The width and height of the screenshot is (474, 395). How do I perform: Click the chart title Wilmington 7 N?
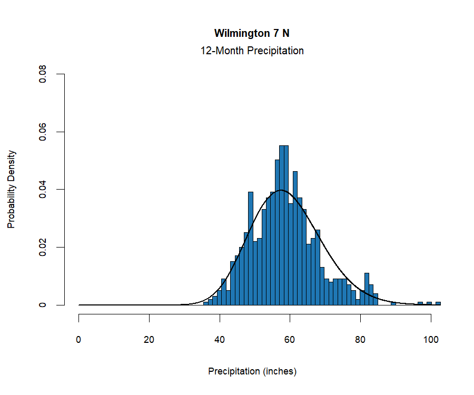(252, 33)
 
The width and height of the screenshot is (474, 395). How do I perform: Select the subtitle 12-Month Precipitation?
(252, 51)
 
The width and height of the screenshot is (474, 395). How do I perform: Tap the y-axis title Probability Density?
(11, 189)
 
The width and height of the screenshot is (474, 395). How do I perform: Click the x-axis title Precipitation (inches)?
(252, 371)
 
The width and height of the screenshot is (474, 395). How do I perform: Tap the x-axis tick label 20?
(149, 340)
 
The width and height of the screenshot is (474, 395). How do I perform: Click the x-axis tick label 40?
(220, 340)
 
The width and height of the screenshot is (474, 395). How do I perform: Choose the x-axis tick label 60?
(290, 340)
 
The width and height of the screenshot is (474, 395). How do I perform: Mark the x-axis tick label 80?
(360, 340)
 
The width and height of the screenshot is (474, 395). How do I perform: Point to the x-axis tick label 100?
(431, 340)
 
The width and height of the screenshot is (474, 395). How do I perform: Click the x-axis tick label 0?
(79, 340)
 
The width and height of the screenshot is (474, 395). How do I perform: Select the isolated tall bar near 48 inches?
(251, 248)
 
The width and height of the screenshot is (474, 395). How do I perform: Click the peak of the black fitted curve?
(281, 190)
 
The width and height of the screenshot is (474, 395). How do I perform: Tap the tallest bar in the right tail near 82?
(367, 289)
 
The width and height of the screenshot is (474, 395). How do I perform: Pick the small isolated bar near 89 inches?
(393, 303)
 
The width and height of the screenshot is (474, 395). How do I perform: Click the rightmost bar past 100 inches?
(438, 303)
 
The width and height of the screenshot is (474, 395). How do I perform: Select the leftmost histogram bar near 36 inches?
(206, 303)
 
